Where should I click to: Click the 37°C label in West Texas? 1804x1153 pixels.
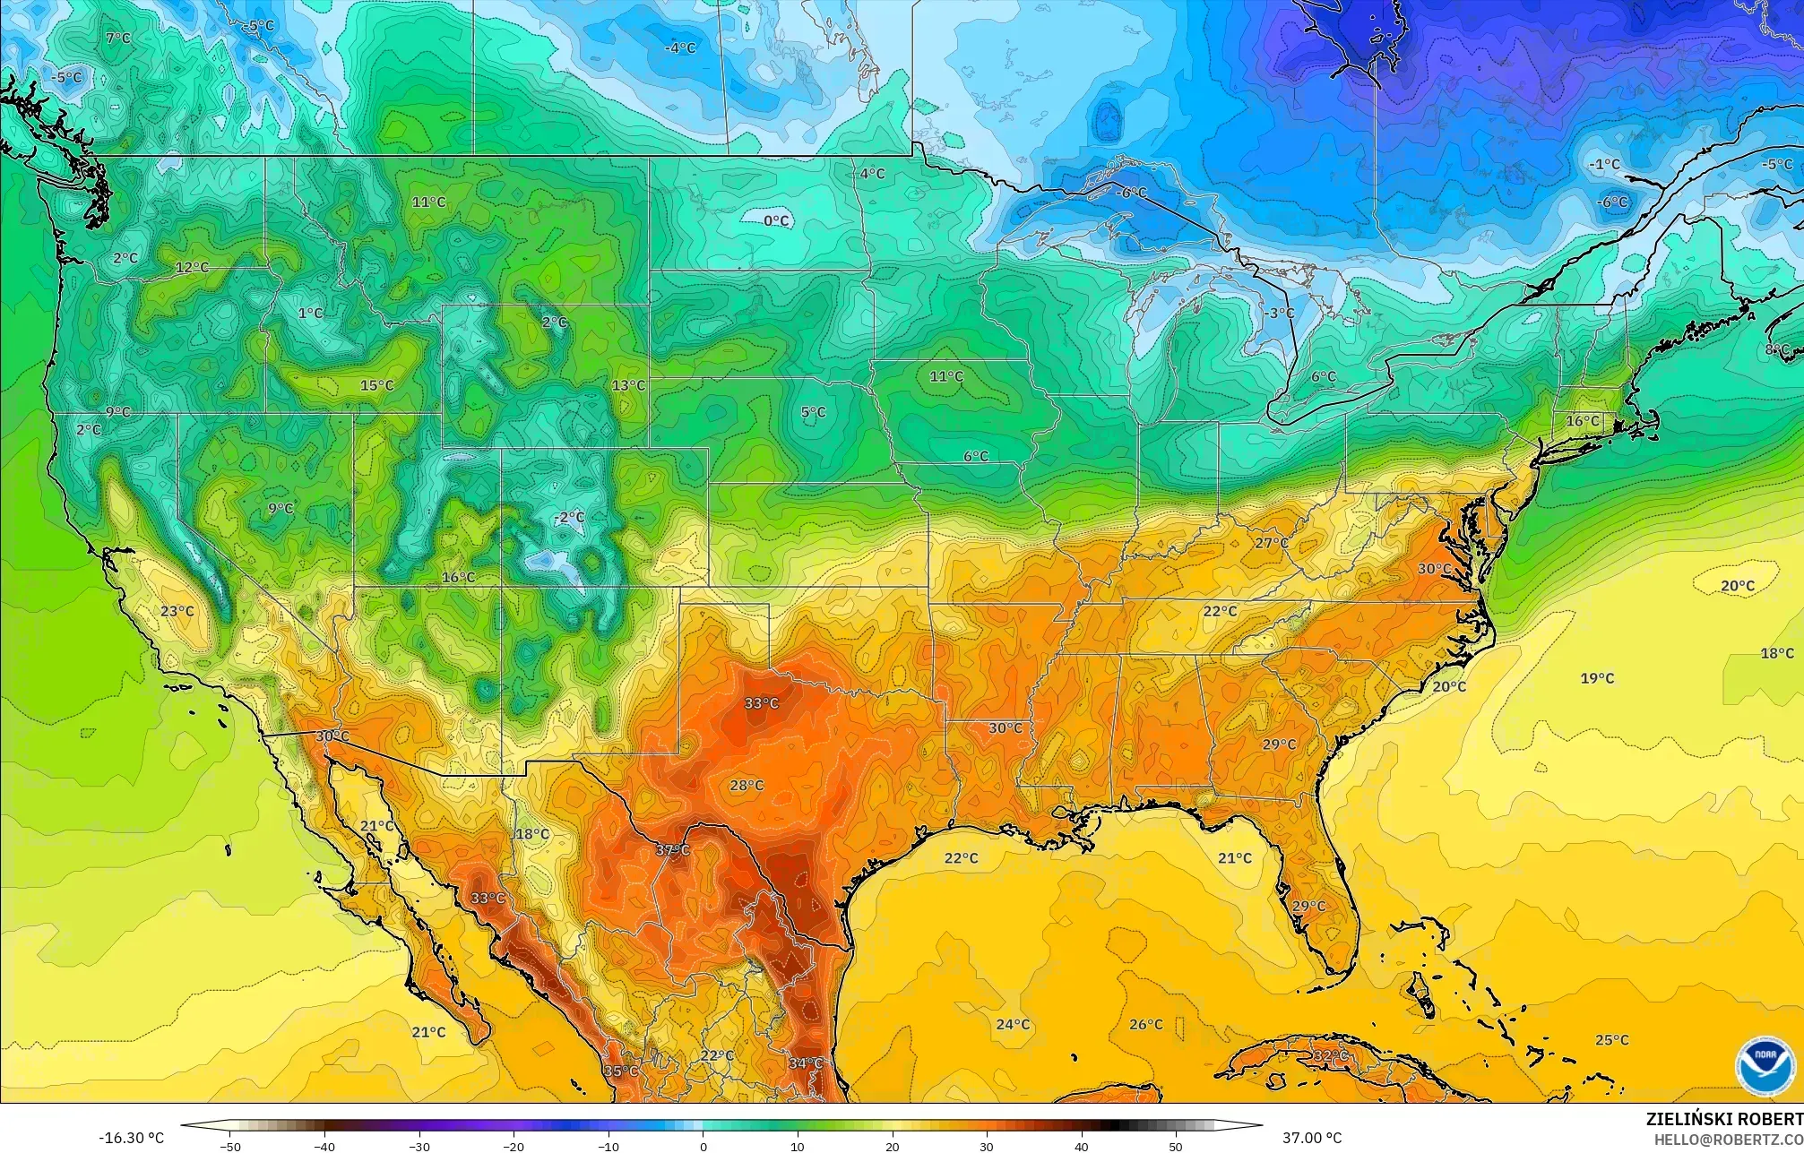(x=672, y=850)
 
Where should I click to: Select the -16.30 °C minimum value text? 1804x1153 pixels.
(x=131, y=1138)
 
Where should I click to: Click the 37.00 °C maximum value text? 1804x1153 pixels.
(x=1312, y=1138)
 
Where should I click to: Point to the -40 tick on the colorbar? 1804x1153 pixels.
(x=324, y=1146)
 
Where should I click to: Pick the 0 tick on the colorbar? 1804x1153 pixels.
(x=703, y=1146)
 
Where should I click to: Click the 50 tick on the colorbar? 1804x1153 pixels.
(x=1176, y=1146)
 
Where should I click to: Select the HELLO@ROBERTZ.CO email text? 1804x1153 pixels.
(x=1728, y=1140)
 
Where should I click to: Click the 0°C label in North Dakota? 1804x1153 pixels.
(x=776, y=220)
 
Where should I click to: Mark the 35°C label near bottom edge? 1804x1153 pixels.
(x=620, y=1071)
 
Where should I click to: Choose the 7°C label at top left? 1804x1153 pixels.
(x=117, y=39)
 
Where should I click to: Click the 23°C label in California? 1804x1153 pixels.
(x=177, y=611)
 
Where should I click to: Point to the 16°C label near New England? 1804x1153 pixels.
(x=1582, y=421)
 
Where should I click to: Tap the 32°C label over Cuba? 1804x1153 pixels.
(x=1330, y=1056)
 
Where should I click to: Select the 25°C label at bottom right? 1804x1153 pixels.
(x=1611, y=1040)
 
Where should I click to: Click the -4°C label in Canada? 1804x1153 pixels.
(x=680, y=47)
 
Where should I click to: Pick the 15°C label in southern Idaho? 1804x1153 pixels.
(x=376, y=385)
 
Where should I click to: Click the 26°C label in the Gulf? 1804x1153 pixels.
(x=1145, y=1024)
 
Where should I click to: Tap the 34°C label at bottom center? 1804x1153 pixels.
(x=805, y=1063)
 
